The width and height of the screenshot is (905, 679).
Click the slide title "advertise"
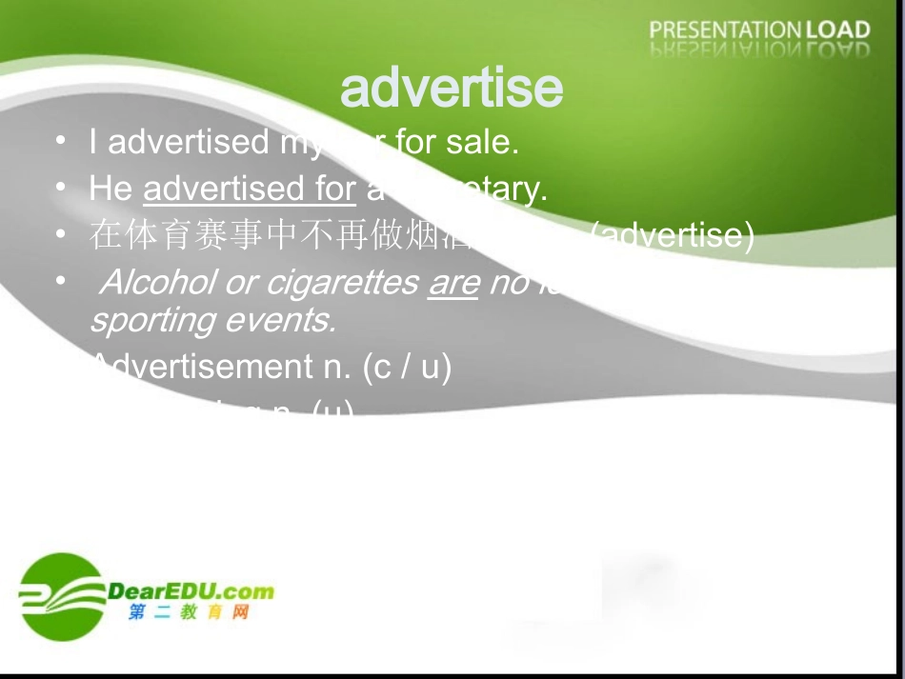tap(451, 89)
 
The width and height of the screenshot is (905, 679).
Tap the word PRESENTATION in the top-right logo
tap(726, 30)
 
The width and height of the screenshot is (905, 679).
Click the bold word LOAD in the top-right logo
tap(838, 30)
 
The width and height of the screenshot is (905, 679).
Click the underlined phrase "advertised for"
tap(250, 189)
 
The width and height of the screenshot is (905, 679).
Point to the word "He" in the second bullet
tap(111, 189)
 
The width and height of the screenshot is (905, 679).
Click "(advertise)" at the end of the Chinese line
tap(673, 234)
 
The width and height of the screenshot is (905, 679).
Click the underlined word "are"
tap(452, 284)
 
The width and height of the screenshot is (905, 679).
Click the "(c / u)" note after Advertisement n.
tap(407, 367)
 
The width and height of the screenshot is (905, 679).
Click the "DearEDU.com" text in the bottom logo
tap(191, 590)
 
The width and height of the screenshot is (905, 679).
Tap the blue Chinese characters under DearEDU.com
tap(188, 612)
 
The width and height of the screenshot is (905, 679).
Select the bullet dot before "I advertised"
tap(60, 141)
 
